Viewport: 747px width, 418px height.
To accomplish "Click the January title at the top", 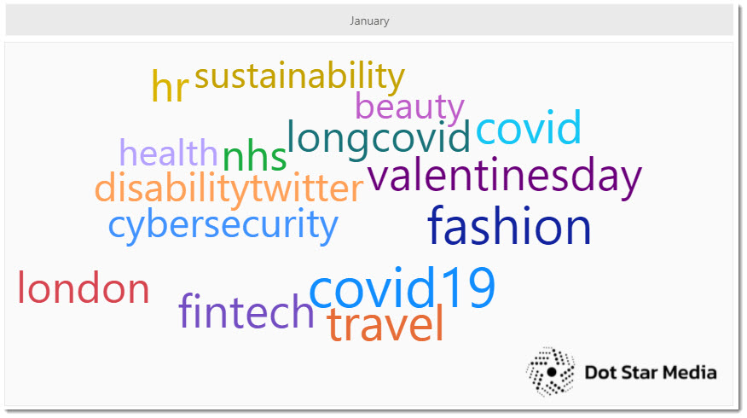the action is coord(369,21).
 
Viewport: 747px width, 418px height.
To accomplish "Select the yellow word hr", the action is coord(170,86).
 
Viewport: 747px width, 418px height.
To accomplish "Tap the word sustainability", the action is coord(299,76).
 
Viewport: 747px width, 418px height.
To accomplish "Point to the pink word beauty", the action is coord(409,107).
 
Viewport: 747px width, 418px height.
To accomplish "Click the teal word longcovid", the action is coord(379,137).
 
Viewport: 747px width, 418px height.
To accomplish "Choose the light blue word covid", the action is coord(529,127).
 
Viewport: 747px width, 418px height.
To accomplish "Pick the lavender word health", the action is coord(168,153).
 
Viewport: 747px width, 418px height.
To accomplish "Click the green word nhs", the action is coord(254,157).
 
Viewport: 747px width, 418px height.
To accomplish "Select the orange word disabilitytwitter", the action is coord(229,189).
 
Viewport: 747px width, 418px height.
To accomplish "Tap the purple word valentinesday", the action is coord(505,176).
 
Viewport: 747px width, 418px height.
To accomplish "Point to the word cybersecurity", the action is coord(223,224).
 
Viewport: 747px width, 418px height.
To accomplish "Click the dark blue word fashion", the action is coord(509,225).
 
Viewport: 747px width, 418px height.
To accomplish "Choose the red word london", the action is coord(84,287).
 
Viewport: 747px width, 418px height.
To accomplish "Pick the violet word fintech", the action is coord(246,311).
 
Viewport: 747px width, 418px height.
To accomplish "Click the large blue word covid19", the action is coord(402,287).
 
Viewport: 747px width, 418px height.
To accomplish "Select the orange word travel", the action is coord(385,323).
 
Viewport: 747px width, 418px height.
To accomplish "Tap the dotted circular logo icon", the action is coord(551,372).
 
